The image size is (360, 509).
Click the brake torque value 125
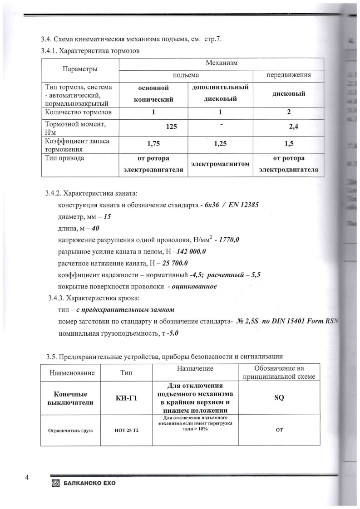[x=171, y=127]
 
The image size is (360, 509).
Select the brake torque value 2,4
[x=289, y=128]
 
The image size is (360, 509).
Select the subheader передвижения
[x=288, y=74]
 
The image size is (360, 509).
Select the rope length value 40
[x=95, y=229]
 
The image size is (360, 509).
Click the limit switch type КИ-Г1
[x=127, y=398]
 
